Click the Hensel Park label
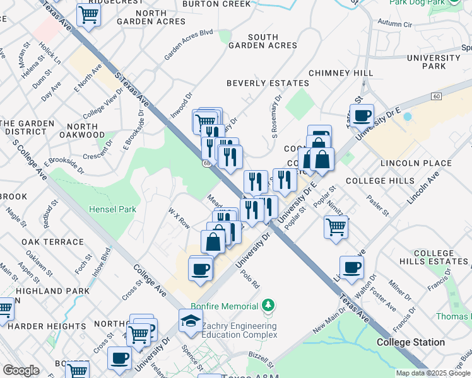pos(113,209)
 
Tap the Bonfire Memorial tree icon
pos(269,306)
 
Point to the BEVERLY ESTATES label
pos(268,83)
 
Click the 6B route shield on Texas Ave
pos(206,163)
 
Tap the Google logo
pos(21,370)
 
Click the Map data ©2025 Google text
pos(433,373)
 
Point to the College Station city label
pos(410,343)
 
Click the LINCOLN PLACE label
pos(416,163)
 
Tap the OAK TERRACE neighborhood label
pos(52,242)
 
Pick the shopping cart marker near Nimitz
pos(336,226)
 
